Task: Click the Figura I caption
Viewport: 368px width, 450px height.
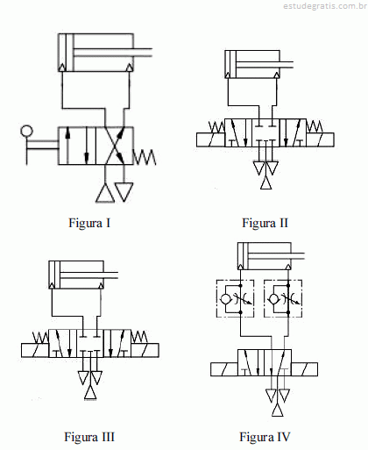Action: coord(89,223)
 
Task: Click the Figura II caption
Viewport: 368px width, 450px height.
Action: coord(265,223)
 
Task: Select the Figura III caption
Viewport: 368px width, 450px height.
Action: coord(89,437)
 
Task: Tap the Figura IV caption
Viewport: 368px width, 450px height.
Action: coord(265,437)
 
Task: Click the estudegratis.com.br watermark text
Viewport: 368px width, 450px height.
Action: coord(325,6)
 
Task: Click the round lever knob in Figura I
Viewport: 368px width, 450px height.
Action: coord(26,131)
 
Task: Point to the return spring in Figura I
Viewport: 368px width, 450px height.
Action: coord(145,157)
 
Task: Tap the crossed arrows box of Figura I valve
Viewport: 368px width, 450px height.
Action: coord(115,146)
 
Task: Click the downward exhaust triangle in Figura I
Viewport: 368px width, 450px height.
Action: coord(124,192)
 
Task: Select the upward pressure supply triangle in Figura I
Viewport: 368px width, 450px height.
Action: coord(105,193)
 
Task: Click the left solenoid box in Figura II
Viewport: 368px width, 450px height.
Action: coord(210,139)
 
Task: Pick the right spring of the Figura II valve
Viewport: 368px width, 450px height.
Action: coord(315,126)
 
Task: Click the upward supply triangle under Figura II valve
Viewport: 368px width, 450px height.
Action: coord(265,183)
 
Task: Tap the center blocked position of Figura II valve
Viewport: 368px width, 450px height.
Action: coord(265,132)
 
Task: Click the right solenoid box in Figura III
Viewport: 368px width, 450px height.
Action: coord(145,350)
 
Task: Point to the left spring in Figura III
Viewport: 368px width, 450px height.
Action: coord(40,338)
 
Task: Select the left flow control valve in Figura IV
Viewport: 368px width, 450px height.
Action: coord(235,298)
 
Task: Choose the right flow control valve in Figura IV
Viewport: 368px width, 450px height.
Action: coord(283,298)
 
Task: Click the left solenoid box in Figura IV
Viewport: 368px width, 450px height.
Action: coord(224,369)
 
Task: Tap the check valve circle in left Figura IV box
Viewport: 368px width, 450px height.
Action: coord(225,299)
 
